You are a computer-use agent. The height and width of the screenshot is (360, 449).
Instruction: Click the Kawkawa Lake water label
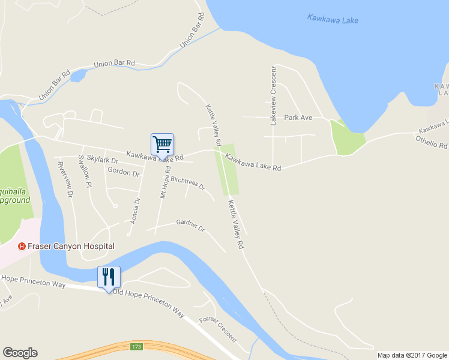coord(333,19)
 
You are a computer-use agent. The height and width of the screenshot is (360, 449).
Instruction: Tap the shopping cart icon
coord(162,144)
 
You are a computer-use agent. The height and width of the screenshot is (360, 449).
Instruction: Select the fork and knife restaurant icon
coord(109,277)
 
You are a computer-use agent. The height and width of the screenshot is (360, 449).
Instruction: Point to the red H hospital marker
coord(22,246)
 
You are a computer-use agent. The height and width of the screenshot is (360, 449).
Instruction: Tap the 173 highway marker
coord(136,347)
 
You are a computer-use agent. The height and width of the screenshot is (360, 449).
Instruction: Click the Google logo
coord(20,353)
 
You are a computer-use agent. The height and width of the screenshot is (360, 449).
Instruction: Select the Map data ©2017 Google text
coord(412,355)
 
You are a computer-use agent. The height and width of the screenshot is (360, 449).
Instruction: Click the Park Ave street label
coord(298,118)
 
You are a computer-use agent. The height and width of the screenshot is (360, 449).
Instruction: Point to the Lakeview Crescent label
coord(273,95)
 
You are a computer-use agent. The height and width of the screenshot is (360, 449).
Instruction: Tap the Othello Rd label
coord(431,142)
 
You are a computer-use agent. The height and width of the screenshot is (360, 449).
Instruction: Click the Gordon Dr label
coord(123,172)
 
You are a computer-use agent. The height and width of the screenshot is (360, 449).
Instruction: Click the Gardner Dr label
coord(190,226)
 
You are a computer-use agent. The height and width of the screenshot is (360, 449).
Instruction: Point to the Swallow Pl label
coord(85,171)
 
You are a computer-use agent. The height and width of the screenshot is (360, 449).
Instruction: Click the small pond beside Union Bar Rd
coord(79,76)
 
